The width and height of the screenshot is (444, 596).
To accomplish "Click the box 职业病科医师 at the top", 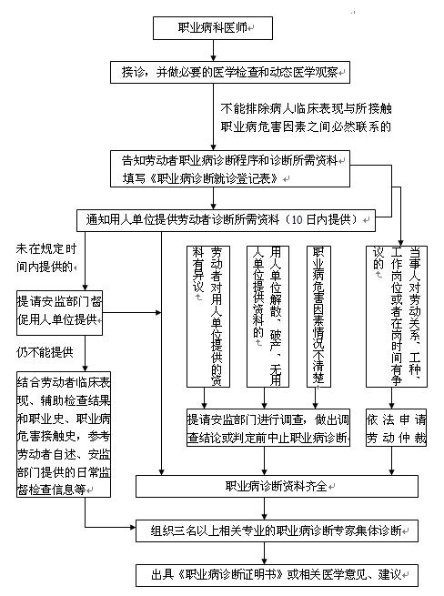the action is pos(213,27).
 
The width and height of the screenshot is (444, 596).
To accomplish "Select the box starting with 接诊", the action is pos(230,72).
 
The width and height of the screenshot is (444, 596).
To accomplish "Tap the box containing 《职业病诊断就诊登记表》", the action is pos(230,168).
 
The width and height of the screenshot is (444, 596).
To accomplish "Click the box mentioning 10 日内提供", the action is pos(226,220).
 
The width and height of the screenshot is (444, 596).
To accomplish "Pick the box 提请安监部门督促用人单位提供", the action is pos(59,313).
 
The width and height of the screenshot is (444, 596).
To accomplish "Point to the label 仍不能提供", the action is pos(45,352).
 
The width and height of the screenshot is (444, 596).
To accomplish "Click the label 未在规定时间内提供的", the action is pos(46,258).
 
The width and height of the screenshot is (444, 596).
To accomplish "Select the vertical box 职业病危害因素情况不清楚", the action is pos(318,317).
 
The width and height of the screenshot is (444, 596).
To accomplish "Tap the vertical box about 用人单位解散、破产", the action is pos(267,317).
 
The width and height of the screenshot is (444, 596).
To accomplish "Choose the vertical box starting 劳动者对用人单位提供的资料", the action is pos(208,317).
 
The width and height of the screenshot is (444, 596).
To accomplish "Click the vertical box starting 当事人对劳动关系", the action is pos(397,317).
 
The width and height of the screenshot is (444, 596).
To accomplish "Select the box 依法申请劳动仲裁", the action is pos(396,428).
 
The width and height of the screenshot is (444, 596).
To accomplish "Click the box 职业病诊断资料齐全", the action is pos(277,486).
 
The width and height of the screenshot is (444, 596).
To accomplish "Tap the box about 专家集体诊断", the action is pos(277,530).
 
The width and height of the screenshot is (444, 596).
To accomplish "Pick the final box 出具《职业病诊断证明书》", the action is pos(277,575).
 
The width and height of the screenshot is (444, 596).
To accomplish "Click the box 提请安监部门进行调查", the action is pos(268,428).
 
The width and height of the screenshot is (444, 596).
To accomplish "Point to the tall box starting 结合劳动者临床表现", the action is pos(64,434).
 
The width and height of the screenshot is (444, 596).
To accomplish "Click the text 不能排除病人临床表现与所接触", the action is pos(306,108).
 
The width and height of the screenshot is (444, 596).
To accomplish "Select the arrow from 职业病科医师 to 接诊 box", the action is pos(213,50).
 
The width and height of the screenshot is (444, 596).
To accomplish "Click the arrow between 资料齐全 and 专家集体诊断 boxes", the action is pos(265,509).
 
